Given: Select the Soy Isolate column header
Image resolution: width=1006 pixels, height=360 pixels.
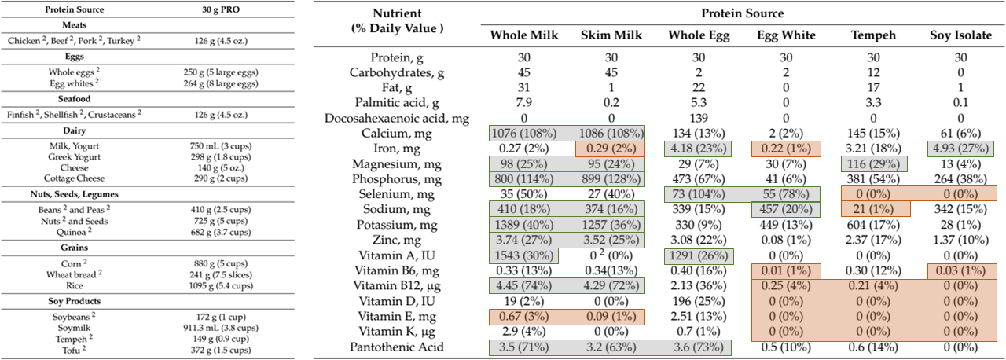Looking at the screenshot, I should tap(961, 35).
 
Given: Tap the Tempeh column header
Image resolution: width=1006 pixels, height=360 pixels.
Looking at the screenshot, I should tap(873, 35).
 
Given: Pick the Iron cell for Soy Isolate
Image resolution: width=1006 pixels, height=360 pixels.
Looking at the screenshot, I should tap(961, 149).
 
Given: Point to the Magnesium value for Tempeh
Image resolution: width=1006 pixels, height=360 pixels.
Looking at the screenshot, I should tap(873, 163).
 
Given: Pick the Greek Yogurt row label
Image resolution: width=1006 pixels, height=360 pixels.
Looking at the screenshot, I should tap(74, 156).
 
